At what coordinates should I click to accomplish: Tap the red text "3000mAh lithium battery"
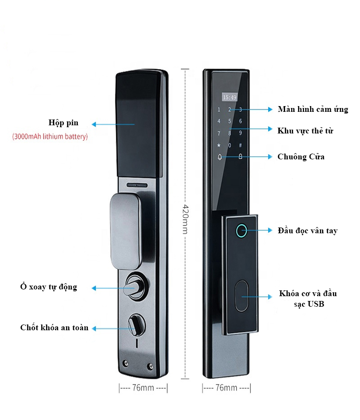coord(50,137)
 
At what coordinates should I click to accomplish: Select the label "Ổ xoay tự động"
coord(48,287)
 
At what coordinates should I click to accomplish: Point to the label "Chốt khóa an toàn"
coord(54,328)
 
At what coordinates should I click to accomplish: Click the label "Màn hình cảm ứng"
coord(312,109)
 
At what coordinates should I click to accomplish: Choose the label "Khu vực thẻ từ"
coord(305,130)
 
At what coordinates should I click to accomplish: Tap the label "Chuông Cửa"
coord(301,156)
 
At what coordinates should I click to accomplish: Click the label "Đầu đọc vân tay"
coord(307,231)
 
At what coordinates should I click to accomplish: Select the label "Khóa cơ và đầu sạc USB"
coord(308,299)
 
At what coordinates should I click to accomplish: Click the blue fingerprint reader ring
coord(241,231)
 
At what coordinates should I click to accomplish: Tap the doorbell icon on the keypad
coord(220,157)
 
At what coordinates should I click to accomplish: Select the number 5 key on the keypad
coord(229,121)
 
